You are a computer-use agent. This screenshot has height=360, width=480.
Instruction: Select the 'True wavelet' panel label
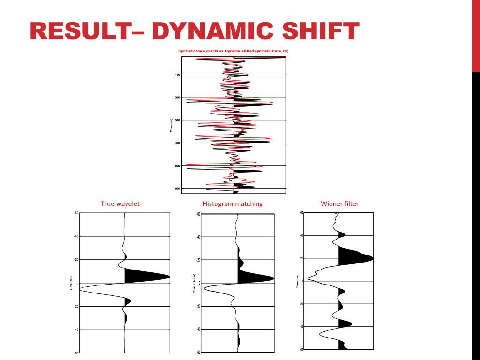120,204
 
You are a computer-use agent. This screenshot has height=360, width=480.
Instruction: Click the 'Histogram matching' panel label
232,204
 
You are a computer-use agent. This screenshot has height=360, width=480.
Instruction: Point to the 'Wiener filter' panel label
339,203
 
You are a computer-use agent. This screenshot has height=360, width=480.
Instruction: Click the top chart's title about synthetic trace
233,51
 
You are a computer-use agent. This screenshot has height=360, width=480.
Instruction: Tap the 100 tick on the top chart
178,75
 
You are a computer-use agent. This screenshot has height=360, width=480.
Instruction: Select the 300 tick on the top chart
178,120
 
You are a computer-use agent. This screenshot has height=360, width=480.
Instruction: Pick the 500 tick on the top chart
178,166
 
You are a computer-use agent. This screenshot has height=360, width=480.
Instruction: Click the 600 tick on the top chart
178,188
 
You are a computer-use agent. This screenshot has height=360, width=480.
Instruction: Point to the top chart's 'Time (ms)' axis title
172,125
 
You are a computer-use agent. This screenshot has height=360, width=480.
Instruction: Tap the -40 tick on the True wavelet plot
75,237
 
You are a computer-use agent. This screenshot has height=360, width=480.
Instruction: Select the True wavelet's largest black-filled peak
145,276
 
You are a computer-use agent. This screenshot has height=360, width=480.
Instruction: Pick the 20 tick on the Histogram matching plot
198,306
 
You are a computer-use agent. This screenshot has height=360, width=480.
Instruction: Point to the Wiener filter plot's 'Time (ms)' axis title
297,281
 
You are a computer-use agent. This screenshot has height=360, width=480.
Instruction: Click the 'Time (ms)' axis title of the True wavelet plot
71,283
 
